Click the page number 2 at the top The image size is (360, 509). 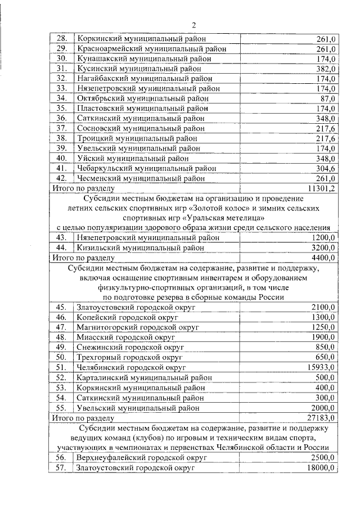tap(193, 25)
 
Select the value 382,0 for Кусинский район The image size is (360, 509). tap(325, 69)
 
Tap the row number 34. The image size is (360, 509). tap(62, 98)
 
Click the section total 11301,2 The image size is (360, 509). tap(322, 188)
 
